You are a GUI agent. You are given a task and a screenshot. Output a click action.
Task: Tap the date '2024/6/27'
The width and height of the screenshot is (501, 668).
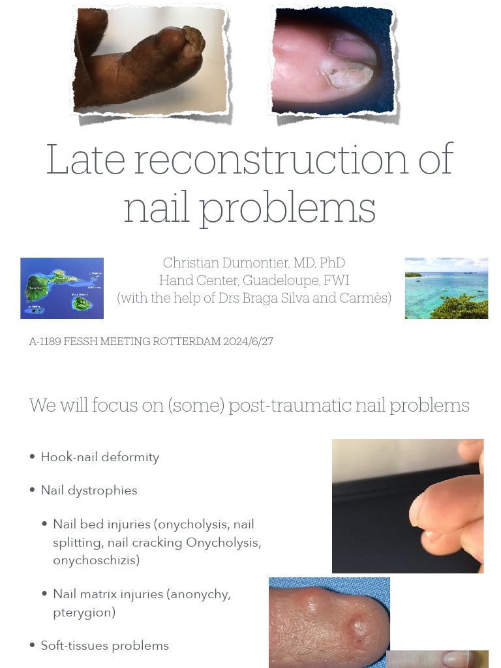click(249, 342)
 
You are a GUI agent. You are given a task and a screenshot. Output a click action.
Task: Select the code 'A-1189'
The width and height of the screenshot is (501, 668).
click(45, 342)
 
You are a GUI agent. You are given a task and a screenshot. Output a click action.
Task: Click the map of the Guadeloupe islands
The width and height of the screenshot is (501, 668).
click(62, 288)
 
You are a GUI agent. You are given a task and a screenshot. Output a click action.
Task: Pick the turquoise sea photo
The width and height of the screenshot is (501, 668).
click(446, 288)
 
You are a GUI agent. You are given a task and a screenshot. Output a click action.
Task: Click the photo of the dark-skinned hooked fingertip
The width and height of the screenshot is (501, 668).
click(150, 62)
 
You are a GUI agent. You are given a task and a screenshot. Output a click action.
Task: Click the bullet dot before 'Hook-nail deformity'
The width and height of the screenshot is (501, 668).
click(33, 457)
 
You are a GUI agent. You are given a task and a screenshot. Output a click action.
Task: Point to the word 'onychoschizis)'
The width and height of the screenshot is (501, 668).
click(96, 560)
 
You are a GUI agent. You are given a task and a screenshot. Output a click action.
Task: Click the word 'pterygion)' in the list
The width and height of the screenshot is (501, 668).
click(84, 613)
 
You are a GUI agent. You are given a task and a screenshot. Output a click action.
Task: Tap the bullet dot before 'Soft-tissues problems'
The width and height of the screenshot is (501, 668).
click(33, 645)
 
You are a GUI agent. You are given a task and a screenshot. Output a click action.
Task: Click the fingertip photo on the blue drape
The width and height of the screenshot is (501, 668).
click(329, 622)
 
